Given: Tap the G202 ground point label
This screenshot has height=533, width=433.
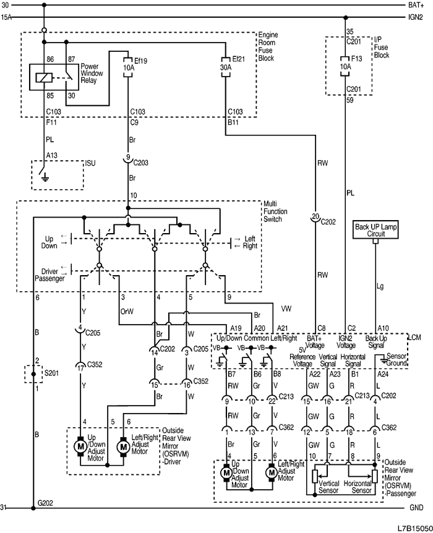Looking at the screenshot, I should click(45, 503).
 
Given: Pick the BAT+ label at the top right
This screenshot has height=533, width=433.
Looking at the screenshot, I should click(416, 5).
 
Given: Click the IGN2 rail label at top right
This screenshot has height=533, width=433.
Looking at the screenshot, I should click(416, 17).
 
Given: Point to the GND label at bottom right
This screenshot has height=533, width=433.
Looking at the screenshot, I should click(416, 508).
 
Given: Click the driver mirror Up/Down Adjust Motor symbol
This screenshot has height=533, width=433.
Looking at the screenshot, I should click(79, 445).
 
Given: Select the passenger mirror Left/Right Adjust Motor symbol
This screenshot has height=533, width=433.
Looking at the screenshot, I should click(270, 472).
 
